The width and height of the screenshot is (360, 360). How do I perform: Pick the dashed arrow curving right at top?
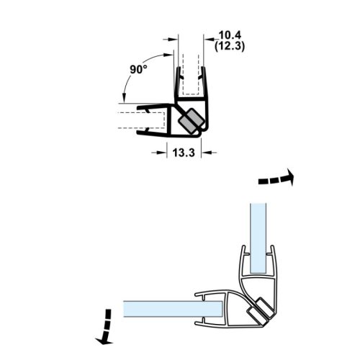[276, 178]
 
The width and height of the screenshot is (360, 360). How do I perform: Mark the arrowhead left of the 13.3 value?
[162, 152]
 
